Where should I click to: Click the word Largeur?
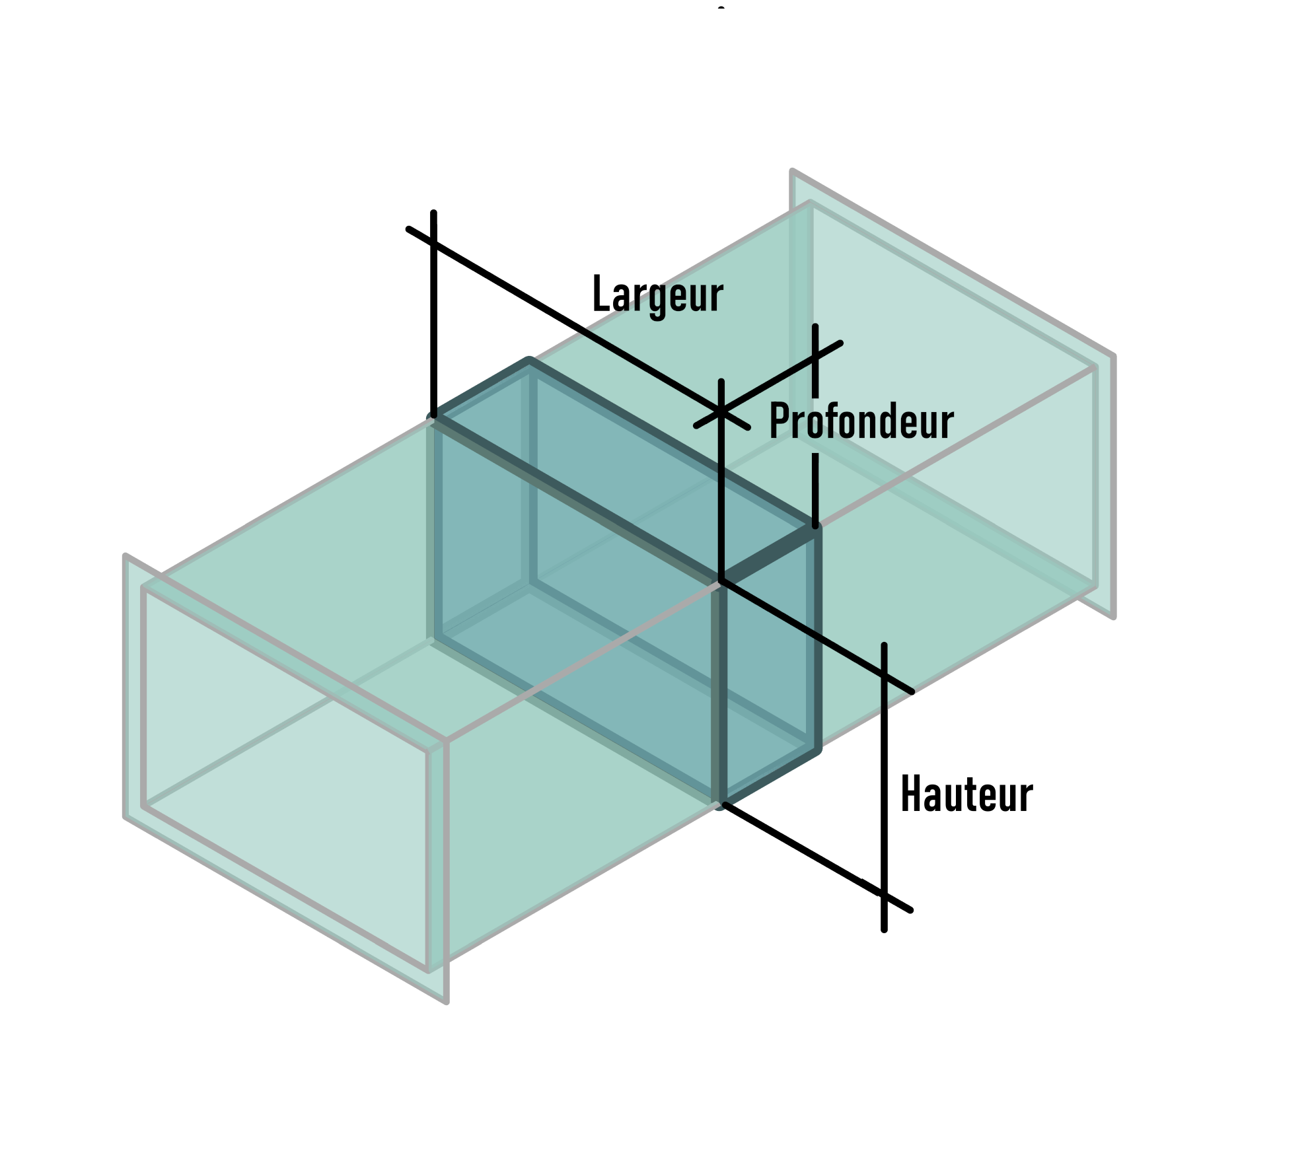[x=658, y=296]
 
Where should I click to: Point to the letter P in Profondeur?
[x=778, y=421]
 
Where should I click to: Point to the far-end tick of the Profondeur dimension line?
[x=815, y=357]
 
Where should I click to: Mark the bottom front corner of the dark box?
[x=721, y=804]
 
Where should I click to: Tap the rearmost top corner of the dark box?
[x=529, y=361]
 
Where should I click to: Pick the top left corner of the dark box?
[x=433, y=417]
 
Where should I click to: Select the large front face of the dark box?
[x=577, y=611]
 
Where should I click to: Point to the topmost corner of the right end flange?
[x=792, y=172]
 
